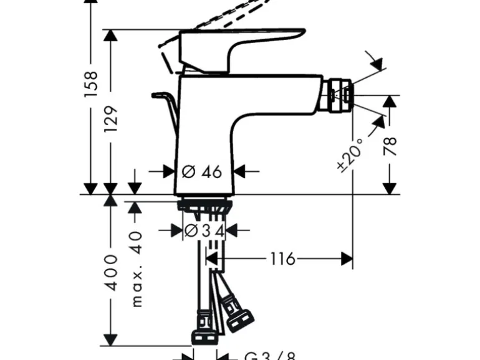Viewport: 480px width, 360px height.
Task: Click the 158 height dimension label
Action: coord(91,84)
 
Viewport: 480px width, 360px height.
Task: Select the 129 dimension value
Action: coord(111,118)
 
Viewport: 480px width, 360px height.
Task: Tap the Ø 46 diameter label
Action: coord(202,171)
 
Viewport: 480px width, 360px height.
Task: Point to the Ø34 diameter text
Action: coord(203,231)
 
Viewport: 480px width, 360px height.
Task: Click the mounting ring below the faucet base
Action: coord(204,206)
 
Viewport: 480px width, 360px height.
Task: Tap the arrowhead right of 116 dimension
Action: coord(347,258)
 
